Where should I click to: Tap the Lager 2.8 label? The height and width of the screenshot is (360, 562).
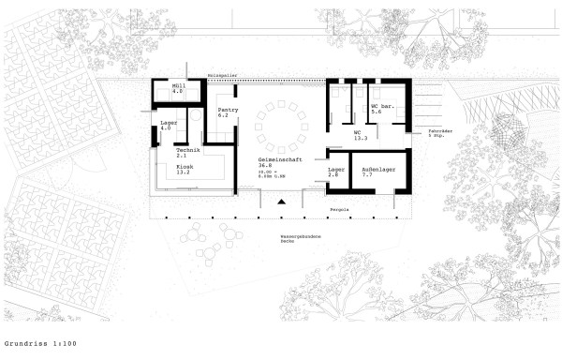pyautogui.click(x=335, y=172)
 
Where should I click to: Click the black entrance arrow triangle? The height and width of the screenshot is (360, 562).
pyautogui.click(x=280, y=202)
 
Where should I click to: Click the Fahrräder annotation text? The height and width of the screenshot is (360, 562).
pyautogui.click(x=440, y=130)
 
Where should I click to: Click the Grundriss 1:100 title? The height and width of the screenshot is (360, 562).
pyautogui.click(x=37, y=344)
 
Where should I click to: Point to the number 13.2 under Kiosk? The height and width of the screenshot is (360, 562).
pyautogui.click(x=184, y=173)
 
